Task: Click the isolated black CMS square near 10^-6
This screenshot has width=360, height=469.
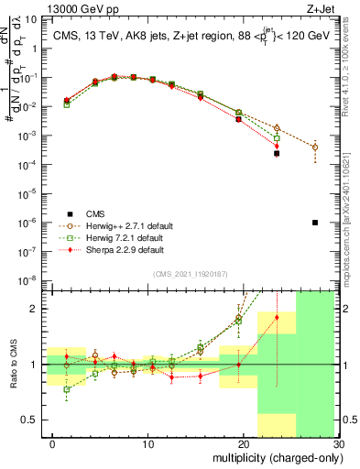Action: click(314, 223)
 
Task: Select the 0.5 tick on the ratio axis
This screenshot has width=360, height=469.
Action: click(36, 420)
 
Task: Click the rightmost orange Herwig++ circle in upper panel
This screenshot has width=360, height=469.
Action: click(314, 147)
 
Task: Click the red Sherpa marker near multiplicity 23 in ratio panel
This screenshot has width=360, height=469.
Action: click(277, 318)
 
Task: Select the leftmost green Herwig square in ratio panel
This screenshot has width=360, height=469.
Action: click(66, 389)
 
